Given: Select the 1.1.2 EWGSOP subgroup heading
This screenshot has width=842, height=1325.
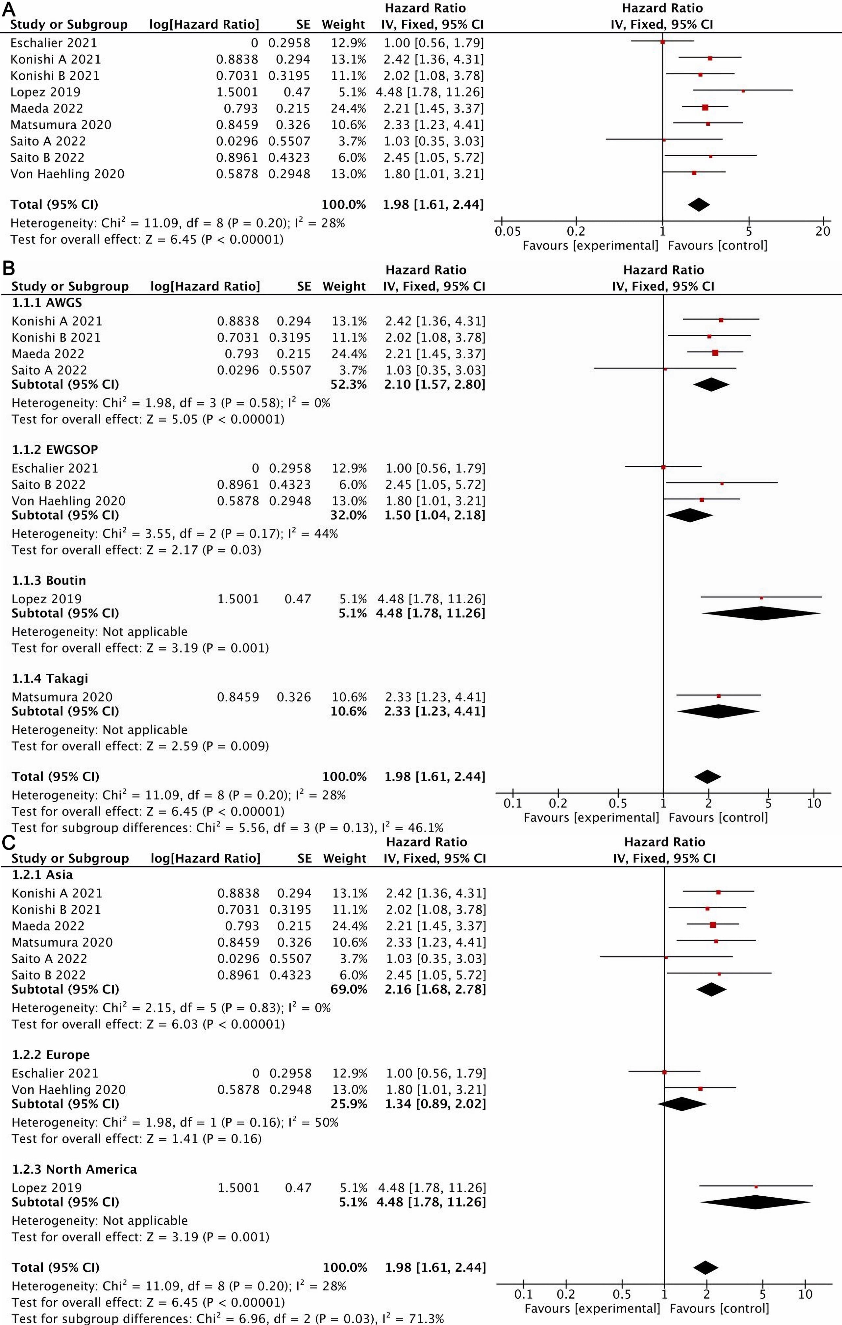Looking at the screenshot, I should (x=55, y=450).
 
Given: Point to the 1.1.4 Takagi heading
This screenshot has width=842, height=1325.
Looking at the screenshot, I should (x=50, y=678).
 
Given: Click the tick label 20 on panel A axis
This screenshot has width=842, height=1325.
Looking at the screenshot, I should (x=823, y=231).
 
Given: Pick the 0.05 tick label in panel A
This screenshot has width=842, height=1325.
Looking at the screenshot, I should (x=507, y=231).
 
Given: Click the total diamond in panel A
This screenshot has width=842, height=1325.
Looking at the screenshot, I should (x=699, y=205).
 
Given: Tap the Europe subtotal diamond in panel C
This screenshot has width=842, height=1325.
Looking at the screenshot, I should (x=682, y=1104).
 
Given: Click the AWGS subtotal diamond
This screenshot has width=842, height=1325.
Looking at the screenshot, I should (x=711, y=384).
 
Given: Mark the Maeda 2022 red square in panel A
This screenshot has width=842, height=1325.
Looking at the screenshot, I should (x=705, y=108).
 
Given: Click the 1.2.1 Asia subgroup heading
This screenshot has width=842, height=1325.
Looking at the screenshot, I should (x=42, y=874).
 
